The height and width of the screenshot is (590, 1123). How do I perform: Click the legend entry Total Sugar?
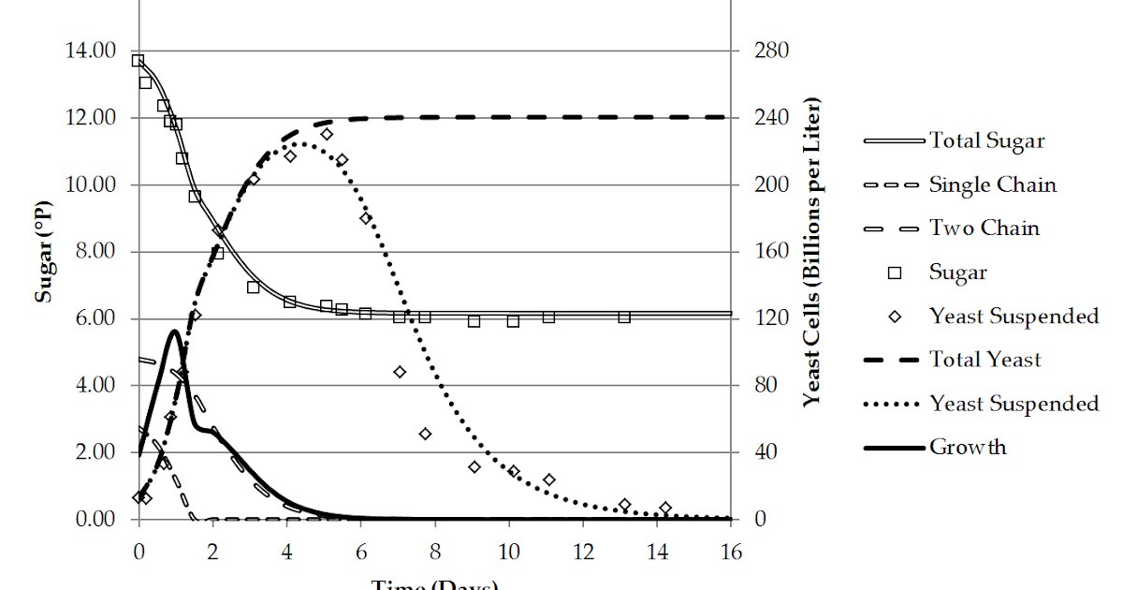click(986, 141)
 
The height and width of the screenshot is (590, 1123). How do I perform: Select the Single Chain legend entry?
click(992, 185)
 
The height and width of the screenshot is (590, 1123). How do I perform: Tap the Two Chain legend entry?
click(984, 229)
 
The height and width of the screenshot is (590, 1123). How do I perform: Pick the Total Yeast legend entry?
click(984, 360)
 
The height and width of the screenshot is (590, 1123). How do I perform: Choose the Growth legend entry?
click(968, 447)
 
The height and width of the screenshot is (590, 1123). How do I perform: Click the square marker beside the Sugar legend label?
click(895, 273)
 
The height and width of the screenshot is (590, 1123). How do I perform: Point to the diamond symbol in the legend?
click(895, 317)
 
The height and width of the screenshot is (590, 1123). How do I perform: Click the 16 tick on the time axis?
click(730, 551)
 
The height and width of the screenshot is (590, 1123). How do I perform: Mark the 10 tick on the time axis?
click(508, 551)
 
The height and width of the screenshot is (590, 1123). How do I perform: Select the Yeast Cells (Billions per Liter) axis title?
click(811, 251)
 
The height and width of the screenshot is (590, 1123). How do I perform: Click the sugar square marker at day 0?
click(139, 61)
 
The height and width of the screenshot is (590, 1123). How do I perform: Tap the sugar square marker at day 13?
click(624, 317)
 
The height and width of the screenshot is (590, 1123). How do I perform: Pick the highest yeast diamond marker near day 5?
click(327, 134)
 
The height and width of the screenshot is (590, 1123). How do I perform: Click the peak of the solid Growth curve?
click(174, 332)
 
